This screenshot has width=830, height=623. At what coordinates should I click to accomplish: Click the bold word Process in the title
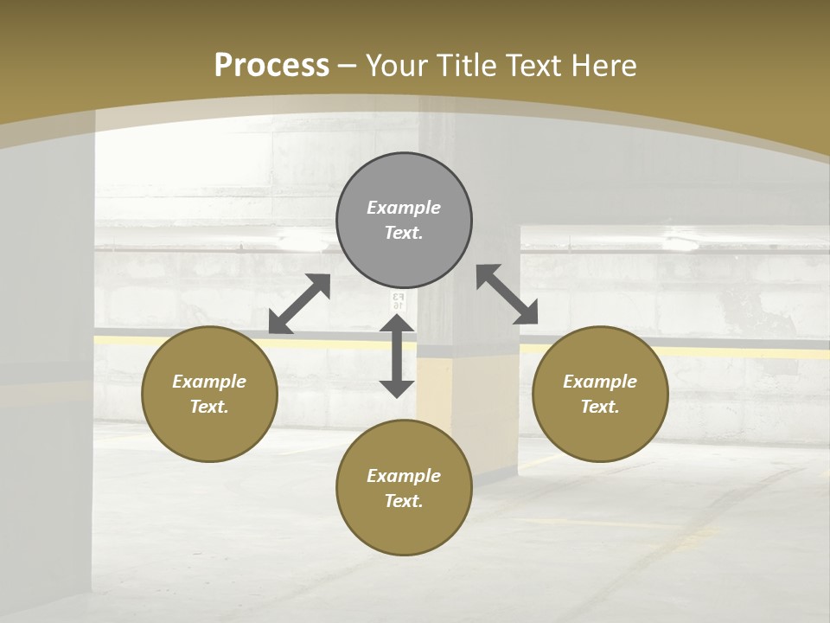tap(271, 65)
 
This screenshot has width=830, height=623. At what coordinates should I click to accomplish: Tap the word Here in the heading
tap(605, 65)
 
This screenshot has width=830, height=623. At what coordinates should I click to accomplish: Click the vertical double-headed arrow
tap(397, 356)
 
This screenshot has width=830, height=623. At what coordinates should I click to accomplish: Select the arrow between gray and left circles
tap(299, 303)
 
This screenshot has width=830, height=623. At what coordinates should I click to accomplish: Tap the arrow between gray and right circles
tap(507, 294)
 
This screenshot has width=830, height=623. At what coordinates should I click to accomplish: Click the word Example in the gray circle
tap(404, 208)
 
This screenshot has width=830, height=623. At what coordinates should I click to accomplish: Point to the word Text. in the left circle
tap(209, 407)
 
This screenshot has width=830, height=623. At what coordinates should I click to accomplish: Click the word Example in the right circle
tap(600, 382)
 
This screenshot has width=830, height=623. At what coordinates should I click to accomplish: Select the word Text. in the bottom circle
tap(404, 501)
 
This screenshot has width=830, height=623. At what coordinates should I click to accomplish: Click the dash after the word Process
tap(348, 65)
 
